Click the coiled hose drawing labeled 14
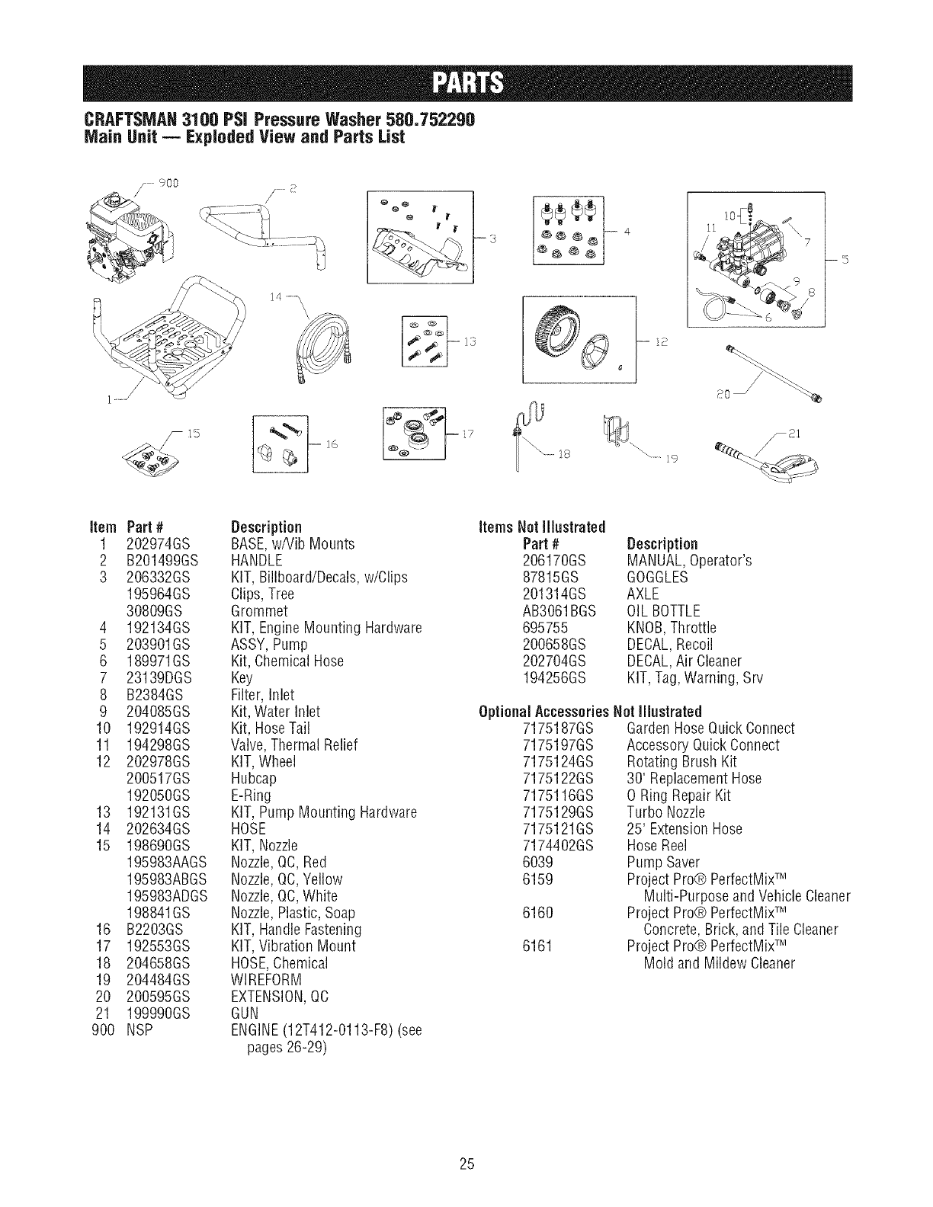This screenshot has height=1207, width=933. pyautogui.click(x=319, y=342)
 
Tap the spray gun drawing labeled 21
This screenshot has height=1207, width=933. pyautogui.click(x=770, y=460)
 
